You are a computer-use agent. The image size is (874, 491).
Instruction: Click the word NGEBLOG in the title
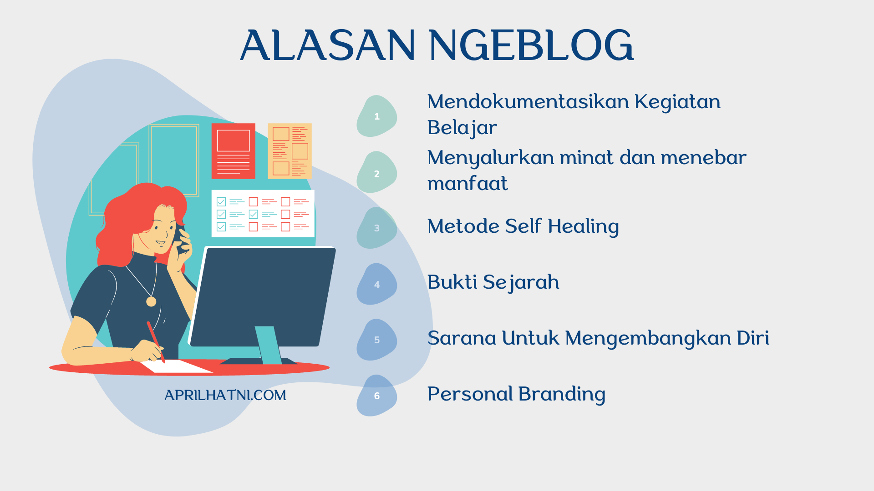tap(531, 45)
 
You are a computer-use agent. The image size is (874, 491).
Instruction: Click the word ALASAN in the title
tap(328, 45)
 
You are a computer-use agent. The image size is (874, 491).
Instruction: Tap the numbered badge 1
tap(377, 116)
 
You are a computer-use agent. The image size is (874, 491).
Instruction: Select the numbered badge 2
tap(377, 173)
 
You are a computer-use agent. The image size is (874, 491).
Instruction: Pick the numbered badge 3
tap(377, 228)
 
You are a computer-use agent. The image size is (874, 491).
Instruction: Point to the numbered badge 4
tap(377, 284)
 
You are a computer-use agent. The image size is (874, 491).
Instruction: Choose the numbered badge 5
tap(377, 340)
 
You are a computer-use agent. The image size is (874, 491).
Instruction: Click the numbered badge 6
tap(377, 396)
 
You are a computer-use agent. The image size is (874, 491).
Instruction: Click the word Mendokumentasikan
tap(528, 101)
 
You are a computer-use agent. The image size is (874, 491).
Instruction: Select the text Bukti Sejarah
tap(493, 282)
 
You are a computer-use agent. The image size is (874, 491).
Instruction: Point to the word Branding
tap(562, 394)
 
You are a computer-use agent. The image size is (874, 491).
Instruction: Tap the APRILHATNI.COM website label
tap(225, 395)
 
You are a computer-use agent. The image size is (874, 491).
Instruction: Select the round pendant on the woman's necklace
tap(151, 301)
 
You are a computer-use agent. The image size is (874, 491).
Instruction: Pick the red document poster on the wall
tap(234, 151)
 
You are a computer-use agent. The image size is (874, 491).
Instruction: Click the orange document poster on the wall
tap(290, 151)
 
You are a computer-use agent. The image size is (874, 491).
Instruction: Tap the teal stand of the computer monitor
tap(268, 344)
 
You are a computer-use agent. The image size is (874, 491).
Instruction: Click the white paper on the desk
tap(175, 366)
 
